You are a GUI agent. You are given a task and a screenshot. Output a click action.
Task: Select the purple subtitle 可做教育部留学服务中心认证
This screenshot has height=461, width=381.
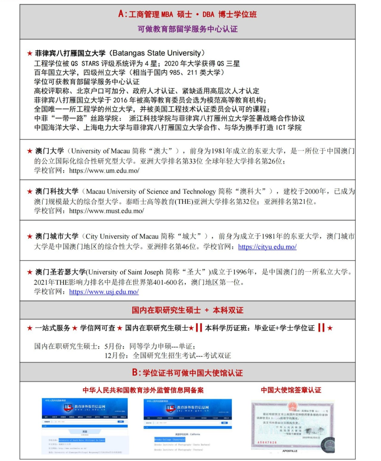coord(187,29)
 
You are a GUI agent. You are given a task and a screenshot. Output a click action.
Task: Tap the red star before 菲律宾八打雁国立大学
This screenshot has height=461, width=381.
coord(30,54)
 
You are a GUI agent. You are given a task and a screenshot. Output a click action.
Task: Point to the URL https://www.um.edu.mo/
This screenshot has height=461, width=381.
coord(104,171)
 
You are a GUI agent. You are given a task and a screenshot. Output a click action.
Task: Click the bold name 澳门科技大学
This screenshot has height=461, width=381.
coord(56,191)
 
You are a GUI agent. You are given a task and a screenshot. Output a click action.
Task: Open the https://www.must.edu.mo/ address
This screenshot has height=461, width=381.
coord(107,211)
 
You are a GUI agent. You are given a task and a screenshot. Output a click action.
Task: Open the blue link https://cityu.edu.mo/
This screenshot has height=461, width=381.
coord(267,247)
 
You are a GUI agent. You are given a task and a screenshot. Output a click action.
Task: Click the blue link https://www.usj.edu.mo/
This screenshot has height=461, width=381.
coord(104,292)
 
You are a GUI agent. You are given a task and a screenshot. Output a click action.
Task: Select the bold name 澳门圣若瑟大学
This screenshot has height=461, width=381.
coord(60,272)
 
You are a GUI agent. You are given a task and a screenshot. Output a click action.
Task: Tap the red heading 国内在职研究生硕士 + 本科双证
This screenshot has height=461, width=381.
coord(187,311)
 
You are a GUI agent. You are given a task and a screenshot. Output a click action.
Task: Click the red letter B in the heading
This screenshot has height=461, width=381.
coord(135,373)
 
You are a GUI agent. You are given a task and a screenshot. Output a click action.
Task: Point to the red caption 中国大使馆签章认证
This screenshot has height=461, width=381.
coord(291,390)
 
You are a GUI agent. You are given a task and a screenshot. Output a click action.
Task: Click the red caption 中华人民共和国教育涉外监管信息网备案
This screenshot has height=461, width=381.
coord(143,390)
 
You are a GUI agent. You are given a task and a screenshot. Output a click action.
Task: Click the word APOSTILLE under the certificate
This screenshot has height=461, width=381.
coord(290,451)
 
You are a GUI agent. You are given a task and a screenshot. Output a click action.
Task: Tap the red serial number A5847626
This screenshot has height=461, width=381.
coord(267,442)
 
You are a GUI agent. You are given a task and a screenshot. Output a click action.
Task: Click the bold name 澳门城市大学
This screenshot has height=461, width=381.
coord(56,236)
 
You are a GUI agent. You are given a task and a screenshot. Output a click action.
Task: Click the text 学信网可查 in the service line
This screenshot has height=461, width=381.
coord(97,328)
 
